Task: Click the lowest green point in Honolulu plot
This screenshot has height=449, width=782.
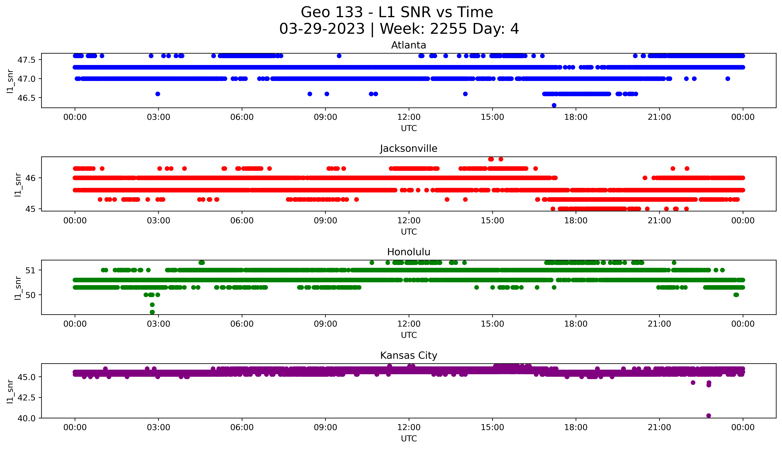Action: (x=152, y=312)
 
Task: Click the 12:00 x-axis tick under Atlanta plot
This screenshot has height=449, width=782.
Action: (x=409, y=117)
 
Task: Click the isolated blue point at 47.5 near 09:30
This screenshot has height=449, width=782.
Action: (x=339, y=56)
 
